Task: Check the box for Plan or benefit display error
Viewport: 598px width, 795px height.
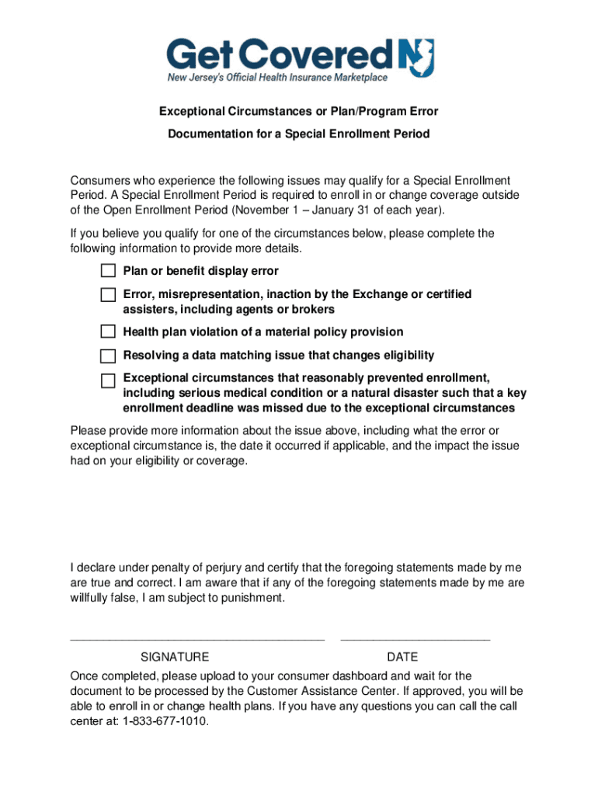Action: point(108,271)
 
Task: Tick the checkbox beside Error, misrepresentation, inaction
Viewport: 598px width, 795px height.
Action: point(108,295)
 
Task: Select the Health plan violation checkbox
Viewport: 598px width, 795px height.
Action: point(108,332)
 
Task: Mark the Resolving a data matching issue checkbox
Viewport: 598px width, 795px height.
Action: point(108,356)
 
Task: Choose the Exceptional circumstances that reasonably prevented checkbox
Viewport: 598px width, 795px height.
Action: point(108,380)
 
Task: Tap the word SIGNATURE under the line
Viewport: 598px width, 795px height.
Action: point(174,657)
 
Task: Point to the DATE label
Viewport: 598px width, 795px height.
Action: point(402,657)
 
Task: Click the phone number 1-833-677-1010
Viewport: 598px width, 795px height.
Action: point(165,720)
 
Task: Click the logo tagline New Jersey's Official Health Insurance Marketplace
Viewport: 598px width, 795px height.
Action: point(277,78)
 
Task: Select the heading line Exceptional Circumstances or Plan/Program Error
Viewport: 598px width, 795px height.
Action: point(299,112)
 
